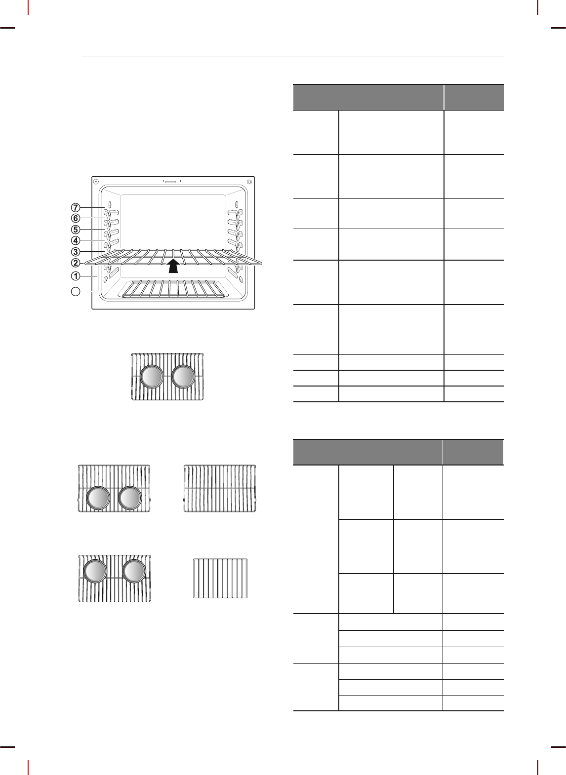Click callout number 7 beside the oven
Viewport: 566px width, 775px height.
pos(76,207)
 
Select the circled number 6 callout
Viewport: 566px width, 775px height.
pos(76,218)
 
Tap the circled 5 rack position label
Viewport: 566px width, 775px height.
pos(76,230)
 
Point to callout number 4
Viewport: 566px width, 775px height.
pos(76,241)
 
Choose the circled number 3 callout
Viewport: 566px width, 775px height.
pos(76,252)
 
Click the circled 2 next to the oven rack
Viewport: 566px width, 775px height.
pos(76,263)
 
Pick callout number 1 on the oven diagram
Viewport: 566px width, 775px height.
pos(76,275)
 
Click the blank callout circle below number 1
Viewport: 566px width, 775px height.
pos(75,292)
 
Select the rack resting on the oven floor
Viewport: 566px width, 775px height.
pos(173,289)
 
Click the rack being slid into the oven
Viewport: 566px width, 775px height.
pos(173,256)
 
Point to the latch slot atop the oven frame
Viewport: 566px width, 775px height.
pos(171,181)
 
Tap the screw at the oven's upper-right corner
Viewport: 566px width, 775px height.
pos(249,182)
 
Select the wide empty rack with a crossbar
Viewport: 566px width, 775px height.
pos(220,488)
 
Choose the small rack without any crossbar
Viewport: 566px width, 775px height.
pos(220,578)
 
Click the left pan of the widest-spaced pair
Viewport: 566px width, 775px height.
pos(95,571)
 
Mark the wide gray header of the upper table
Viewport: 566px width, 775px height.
pos(368,97)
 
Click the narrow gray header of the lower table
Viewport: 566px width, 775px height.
pos(474,452)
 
